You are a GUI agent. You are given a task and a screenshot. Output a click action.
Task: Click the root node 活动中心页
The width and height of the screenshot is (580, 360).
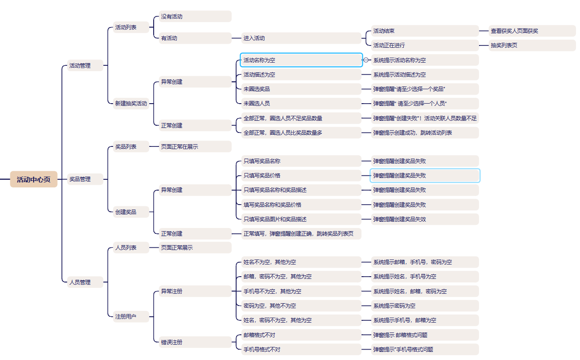click(34, 179)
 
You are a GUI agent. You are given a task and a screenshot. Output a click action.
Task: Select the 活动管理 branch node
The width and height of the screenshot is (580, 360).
click(85, 65)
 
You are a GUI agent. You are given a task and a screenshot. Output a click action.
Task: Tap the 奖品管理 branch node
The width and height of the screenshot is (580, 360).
click(85, 179)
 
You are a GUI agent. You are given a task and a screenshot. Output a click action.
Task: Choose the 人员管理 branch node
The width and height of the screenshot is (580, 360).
click(85, 283)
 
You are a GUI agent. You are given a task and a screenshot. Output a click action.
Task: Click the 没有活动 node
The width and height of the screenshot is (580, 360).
click(195, 17)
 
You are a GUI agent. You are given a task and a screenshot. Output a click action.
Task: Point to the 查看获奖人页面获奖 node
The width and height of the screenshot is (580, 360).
click(532, 31)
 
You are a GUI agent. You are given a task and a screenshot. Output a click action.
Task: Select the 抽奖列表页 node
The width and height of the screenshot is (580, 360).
click(532, 46)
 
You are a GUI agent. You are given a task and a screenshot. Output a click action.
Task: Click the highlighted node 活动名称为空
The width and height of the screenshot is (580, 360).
click(301, 60)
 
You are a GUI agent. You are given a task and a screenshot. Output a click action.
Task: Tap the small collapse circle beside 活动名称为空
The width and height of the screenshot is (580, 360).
click(366, 60)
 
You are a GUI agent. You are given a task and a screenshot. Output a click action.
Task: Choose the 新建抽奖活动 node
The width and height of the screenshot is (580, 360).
click(131, 104)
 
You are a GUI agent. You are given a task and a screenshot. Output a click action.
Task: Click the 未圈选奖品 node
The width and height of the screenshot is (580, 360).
click(301, 89)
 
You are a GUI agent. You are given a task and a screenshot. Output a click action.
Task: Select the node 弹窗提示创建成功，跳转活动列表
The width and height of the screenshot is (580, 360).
click(425, 133)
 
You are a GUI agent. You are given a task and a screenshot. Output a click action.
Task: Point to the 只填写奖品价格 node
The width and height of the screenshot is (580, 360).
click(301, 176)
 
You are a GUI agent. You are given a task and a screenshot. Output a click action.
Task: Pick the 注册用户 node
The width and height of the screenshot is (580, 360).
click(131, 317)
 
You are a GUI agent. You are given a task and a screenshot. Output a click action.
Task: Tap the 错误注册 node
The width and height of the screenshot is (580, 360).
click(195, 342)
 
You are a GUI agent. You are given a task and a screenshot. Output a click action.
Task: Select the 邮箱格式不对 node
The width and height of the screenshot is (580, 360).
click(301, 335)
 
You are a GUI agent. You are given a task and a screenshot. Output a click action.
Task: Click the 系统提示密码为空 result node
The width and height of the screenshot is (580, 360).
click(425, 306)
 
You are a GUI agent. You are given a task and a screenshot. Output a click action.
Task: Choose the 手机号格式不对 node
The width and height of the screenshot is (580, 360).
click(301, 350)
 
